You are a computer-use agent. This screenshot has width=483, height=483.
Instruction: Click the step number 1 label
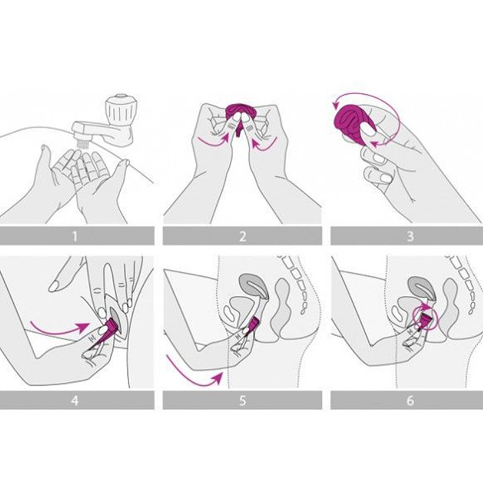[x=74, y=236]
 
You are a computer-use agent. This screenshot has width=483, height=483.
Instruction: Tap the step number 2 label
[x=243, y=236]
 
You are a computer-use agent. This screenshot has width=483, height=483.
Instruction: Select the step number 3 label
[x=410, y=236]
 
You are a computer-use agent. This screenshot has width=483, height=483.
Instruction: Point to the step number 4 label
[x=74, y=400]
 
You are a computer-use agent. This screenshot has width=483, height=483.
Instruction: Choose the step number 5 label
[x=243, y=400]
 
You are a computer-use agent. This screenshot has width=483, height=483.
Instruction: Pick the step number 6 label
[x=410, y=400]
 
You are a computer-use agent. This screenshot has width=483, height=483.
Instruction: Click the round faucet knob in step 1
[x=121, y=109]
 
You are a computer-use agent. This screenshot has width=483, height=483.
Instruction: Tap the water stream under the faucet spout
[x=83, y=144]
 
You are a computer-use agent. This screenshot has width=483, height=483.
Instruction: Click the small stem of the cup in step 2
[x=239, y=132]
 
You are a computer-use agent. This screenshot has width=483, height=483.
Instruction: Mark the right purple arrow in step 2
[x=264, y=143]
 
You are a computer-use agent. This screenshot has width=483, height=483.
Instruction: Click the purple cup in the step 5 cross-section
[x=253, y=324]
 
